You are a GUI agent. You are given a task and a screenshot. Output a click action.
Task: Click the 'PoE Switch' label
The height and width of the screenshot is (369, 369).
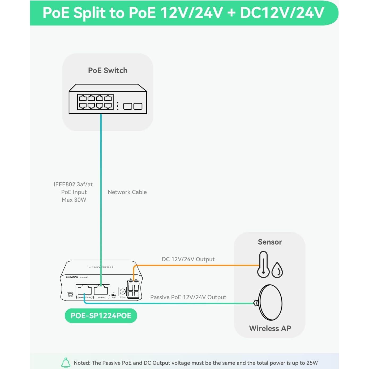click(108, 70)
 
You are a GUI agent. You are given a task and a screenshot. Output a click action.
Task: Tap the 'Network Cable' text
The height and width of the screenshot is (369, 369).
click(127, 192)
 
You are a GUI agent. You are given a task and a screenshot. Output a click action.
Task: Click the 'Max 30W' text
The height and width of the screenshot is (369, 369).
click(74, 200)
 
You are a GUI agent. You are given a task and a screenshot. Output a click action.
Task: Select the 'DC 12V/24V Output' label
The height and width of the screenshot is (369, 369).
click(188, 259)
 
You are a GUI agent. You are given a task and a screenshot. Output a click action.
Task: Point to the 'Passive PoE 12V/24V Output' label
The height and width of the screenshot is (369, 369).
click(188, 297)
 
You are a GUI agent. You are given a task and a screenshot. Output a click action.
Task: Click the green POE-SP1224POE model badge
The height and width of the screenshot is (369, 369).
click(101, 316)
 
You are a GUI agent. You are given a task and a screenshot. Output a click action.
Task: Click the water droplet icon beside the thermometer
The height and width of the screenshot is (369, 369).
click(277, 270)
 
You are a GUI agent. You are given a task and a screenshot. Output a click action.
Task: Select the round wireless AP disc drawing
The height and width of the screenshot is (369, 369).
click(270, 303)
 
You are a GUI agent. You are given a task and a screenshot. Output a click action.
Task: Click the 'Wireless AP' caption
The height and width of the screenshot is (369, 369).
click(270, 328)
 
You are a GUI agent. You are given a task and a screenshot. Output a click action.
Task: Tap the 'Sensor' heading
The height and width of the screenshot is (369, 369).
click(270, 242)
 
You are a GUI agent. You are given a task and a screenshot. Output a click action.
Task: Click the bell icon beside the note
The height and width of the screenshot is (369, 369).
click(66, 363)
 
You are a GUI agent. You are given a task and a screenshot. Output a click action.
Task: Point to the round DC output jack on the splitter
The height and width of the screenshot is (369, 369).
click(122, 291)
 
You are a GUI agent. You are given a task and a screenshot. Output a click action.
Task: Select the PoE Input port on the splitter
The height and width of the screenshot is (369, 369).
click(102, 290)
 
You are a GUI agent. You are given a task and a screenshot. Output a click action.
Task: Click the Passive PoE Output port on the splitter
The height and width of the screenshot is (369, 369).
click(84, 290)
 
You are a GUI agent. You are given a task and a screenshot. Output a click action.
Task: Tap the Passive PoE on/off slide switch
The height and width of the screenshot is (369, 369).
click(70, 294)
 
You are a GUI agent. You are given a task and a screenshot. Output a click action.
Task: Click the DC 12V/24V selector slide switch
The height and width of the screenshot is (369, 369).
click(114, 295)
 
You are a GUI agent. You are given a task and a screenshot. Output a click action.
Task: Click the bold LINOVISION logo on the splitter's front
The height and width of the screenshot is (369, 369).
click(72, 277)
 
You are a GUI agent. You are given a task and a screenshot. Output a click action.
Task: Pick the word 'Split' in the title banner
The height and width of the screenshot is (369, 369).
click(89, 13)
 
